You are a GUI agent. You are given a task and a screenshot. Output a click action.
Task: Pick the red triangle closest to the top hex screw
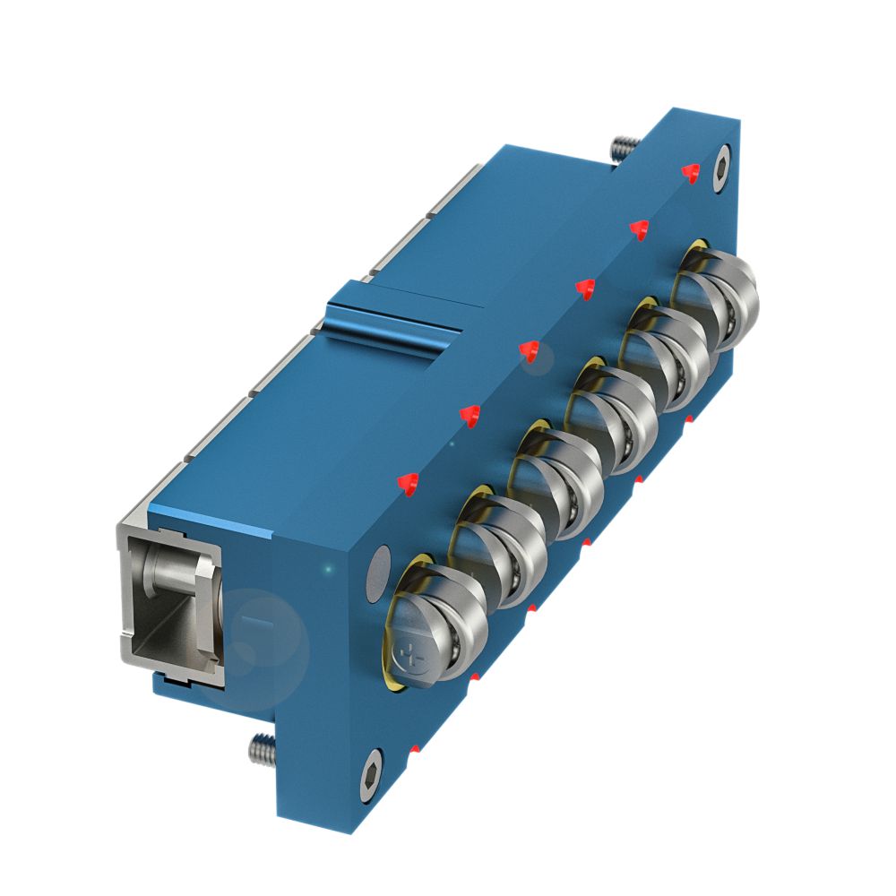click(689, 173)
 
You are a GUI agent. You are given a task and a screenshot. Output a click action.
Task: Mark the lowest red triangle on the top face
click(409, 484)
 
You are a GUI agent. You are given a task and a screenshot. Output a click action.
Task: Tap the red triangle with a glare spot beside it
click(529, 352)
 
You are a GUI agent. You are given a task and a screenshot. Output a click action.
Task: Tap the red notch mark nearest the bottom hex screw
click(415, 747)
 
